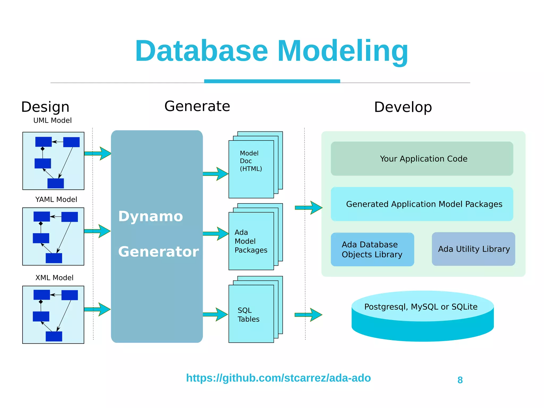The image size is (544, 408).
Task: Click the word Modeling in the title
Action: point(343,52)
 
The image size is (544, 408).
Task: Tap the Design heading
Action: point(45,107)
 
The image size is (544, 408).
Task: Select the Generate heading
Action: point(197,106)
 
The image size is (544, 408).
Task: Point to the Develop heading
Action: point(403,107)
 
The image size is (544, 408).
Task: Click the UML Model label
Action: point(52,120)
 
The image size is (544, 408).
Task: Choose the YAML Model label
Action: point(56,199)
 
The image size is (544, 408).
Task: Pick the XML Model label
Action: point(54,278)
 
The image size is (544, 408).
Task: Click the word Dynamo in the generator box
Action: point(151,216)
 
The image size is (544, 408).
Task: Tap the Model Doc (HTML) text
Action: point(251,161)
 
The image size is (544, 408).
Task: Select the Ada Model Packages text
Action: point(251,241)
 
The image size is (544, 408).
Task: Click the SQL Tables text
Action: point(248,315)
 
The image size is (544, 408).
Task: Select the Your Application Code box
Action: point(422,159)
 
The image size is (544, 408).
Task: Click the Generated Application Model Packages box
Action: point(422,204)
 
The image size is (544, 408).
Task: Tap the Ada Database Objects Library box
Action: point(372,249)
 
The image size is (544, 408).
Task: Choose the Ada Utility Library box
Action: point(473,249)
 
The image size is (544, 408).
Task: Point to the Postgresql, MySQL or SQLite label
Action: point(421,307)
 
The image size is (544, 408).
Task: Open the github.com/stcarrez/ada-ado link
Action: point(278,378)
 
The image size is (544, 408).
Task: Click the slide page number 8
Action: point(460,380)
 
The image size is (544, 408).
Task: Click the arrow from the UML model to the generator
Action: point(98,153)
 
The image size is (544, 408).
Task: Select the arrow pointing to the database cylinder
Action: point(308,315)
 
